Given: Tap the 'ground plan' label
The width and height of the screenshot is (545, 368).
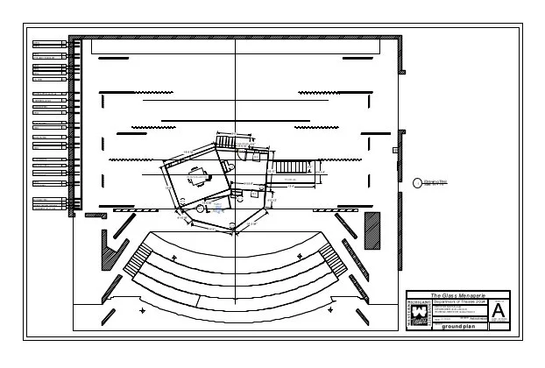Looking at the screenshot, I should point(457,327).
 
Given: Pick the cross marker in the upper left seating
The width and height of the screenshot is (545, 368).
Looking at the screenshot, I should point(175,256).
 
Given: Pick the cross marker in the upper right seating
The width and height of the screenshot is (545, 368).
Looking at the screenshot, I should point(300,255).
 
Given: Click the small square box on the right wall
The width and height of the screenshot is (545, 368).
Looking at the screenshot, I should point(396,150).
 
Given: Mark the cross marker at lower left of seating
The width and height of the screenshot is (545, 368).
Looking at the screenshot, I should point(143,309).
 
